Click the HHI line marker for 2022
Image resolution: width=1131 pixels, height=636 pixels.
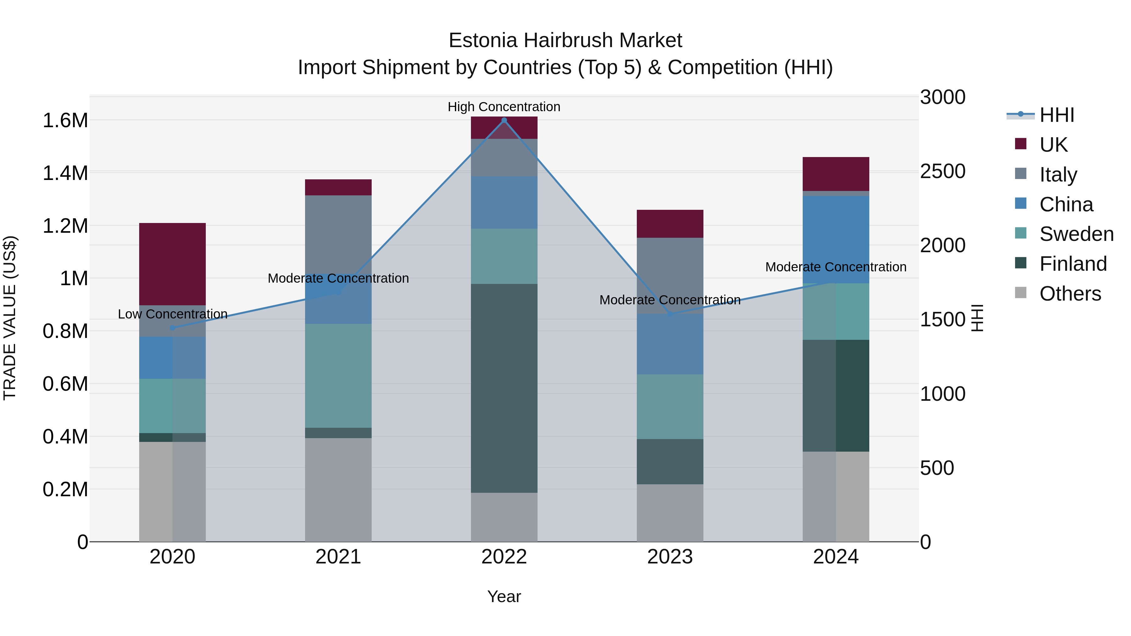click(504, 120)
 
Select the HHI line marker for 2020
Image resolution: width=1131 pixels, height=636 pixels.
click(172, 328)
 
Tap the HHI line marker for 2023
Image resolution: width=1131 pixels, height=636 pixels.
click(670, 314)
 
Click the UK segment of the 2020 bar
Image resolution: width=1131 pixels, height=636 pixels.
click(172, 264)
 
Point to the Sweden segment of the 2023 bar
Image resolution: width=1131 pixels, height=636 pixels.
click(670, 406)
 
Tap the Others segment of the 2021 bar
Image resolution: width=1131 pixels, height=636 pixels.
click(338, 489)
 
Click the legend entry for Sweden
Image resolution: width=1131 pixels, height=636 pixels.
click(1076, 234)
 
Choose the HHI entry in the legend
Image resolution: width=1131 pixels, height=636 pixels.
click(1056, 115)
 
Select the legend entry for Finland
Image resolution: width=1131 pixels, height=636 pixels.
click(1073, 264)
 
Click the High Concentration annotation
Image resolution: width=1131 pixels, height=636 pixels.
click(504, 107)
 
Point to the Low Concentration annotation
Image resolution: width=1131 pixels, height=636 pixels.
click(172, 314)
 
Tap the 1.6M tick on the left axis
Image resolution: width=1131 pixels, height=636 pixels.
click(65, 120)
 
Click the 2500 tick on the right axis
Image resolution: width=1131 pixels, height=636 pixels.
click(942, 171)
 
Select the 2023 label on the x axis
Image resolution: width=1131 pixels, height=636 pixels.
click(670, 557)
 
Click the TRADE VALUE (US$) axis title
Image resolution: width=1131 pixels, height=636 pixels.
click(10, 318)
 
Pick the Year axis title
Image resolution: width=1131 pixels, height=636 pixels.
click(504, 596)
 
